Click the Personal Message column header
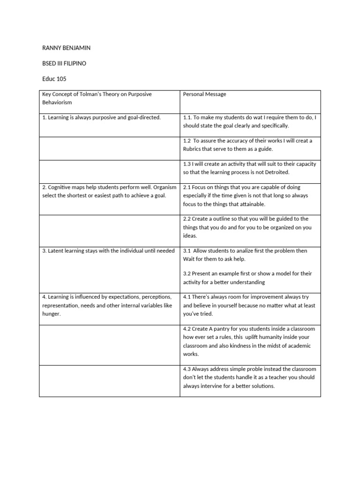tap(204, 94)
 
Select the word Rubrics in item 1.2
tap(193, 149)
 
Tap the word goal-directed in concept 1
tap(143, 117)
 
